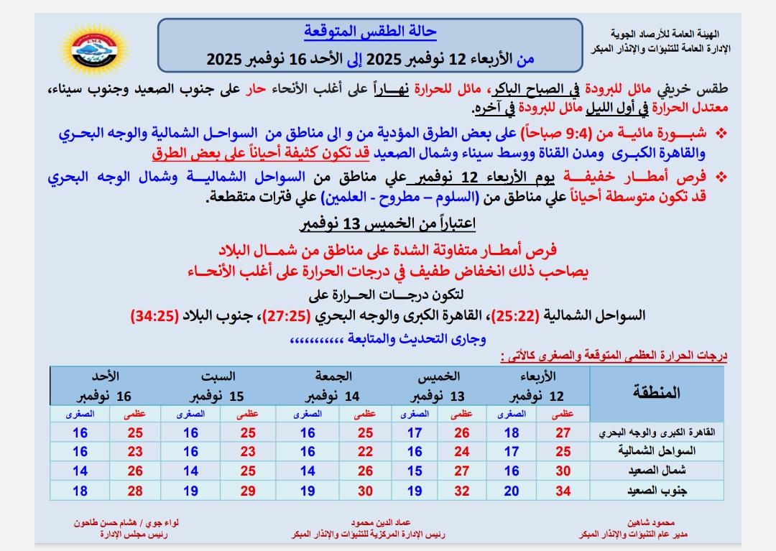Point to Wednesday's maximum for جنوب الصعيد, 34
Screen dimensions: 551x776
coord(563,491)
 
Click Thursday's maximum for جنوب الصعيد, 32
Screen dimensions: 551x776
coord(463,491)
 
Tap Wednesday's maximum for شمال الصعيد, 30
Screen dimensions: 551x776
coord(563,471)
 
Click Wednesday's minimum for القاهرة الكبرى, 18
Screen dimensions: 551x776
coord(512,432)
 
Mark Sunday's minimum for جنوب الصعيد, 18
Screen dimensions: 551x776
coord(80,491)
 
